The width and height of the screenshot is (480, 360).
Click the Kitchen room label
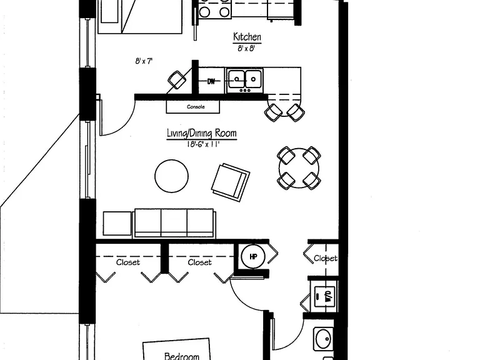pos(247,37)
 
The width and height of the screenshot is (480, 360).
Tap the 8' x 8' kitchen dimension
pos(246,48)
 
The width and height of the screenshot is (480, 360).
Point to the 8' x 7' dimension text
pos(144,61)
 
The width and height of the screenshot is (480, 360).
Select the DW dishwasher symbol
pos(211,81)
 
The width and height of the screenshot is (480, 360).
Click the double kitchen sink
pos(244,81)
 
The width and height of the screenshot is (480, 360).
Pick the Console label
pos(196,107)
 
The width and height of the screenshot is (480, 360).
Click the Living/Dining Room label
pos(202,133)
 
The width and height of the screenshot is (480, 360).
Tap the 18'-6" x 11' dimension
pos(203,144)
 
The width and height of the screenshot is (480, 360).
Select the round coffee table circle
pos(171,176)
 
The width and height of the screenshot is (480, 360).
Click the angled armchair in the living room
pos(231,182)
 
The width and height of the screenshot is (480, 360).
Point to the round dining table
pos(299,167)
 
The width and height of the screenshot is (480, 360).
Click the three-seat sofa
pos(174,224)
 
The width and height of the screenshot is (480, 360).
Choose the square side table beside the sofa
pos(117,223)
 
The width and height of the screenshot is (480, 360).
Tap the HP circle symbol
pos(253,256)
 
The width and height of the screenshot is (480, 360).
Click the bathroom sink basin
pos(324,339)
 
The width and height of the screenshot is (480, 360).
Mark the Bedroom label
pos(182,356)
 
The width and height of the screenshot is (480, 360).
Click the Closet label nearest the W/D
pos(326,258)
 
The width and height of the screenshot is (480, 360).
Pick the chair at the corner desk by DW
pos(177,80)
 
